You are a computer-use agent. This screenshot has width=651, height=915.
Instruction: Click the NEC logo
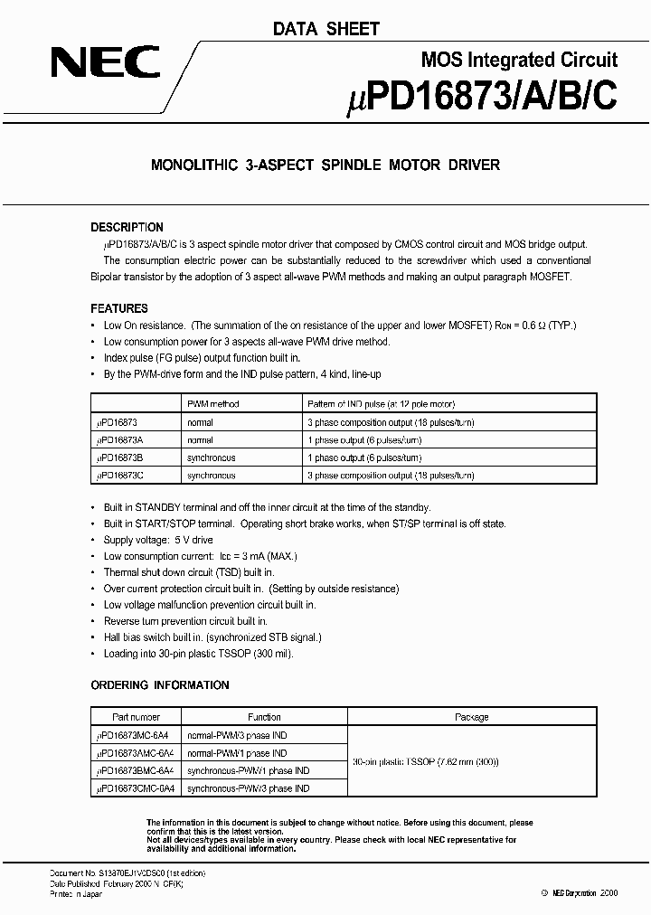click(x=106, y=62)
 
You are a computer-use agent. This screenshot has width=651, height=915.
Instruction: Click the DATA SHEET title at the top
click(x=326, y=29)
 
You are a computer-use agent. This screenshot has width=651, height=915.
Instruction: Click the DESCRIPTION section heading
click(x=127, y=227)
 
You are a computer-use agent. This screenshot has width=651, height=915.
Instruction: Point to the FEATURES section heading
click(x=119, y=308)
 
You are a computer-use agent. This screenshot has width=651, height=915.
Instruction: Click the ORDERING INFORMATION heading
click(x=160, y=685)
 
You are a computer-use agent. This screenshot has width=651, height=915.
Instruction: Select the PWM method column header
click(x=213, y=403)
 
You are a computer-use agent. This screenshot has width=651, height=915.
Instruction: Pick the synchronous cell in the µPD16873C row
click(x=211, y=475)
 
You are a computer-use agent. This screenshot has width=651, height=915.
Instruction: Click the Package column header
click(x=471, y=717)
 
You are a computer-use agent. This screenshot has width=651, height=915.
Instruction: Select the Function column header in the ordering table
click(x=264, y=717)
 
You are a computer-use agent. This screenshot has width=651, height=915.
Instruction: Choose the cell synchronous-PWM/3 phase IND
click(x=249, y=788)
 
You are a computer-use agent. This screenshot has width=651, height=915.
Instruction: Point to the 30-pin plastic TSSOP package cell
click(x=425, y=761)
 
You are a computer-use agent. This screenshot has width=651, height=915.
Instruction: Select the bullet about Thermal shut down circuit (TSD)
click(x=188, y=572)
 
